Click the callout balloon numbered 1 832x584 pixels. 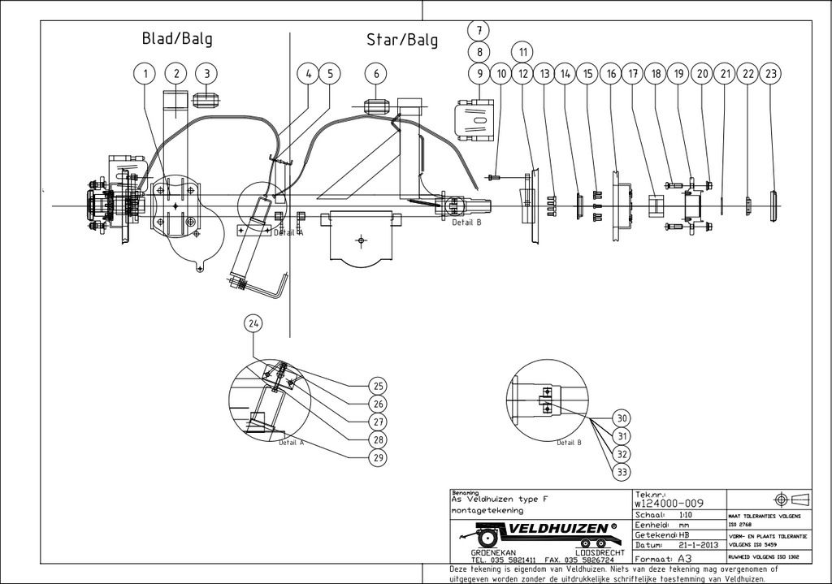(x=145, y=74)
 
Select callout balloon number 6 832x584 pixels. (x=376, y=74)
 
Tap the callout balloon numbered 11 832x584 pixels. (x=523, y=52)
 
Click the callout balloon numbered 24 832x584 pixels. (x=254, y=323)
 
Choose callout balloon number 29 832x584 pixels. (x=377, y=458)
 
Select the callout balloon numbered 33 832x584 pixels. (x=622, y=470)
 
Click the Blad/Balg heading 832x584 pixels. (x=177, y=38)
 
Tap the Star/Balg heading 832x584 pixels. (x=402, y=40)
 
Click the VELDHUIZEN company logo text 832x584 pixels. (x=561, y=530)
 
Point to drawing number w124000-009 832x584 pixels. (x=667, y=504)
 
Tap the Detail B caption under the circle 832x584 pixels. (x=569, y=443)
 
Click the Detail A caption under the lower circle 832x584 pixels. (x=291, y=443)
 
